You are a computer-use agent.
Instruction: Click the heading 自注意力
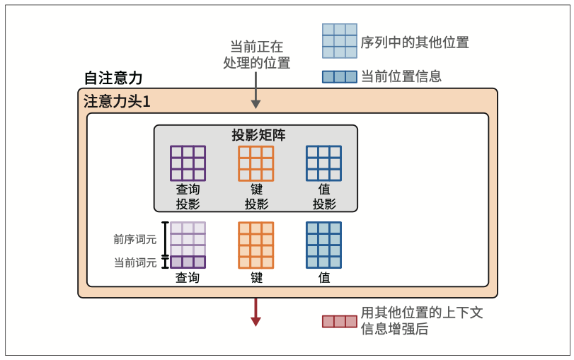pos(113,78)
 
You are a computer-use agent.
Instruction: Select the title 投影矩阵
pos(256,135)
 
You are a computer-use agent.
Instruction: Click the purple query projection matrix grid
pos(188,163)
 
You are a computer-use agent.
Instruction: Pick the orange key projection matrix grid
pos(256,163)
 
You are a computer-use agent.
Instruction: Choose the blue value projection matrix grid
pos(323,163)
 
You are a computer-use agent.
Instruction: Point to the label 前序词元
pos(135,239)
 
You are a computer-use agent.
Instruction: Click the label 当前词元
pos(135,262)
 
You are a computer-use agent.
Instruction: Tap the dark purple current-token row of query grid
pos(188,262)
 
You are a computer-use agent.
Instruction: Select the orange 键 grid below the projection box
pos(256,245)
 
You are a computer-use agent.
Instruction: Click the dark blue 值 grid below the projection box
pos(323,245)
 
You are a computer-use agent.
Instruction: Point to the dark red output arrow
pos(256,312)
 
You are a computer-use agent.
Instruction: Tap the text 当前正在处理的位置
pos(256,54)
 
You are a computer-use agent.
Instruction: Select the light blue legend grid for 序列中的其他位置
pos(339,41)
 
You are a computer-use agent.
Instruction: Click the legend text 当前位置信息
pos(401,76)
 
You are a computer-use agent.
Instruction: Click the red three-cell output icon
pos(340,321)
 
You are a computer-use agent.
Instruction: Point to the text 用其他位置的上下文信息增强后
pos(422,320)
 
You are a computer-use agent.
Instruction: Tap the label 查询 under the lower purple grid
pos(188,278)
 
